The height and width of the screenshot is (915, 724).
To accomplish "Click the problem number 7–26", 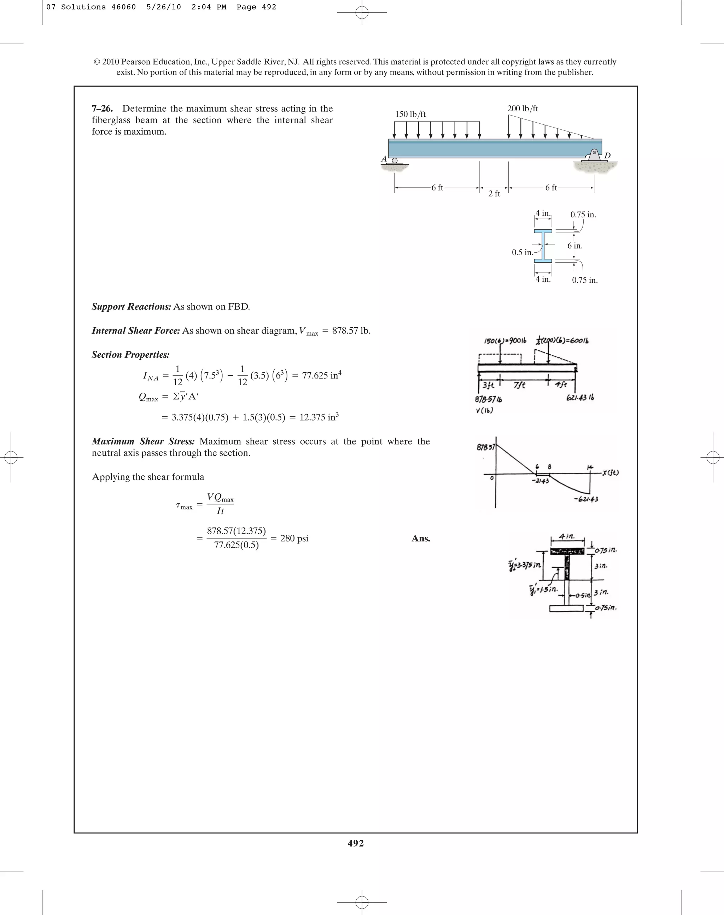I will [x=102, y=108].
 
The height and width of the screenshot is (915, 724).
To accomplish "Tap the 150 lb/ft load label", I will [x=410, y=114].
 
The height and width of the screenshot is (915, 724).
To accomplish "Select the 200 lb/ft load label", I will [x=522, y=108].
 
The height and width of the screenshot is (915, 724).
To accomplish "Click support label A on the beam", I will [x=384, y=159].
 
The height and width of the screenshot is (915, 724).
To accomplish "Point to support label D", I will [x=607, y=156].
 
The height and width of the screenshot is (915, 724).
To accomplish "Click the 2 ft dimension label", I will [x=494, y=194].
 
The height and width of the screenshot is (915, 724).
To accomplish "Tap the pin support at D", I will [x=594, y=155].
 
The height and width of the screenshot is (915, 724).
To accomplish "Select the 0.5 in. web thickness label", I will [x=522, y=253].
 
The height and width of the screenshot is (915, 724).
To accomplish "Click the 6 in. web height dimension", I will [x=575, y=246].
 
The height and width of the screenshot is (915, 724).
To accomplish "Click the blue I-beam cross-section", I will [x=543, y=246].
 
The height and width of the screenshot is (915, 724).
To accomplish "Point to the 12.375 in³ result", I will [x=319, y=417].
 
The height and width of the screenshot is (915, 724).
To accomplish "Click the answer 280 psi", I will [x=294, y=538].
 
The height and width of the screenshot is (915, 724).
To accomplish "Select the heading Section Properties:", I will [x=130, y=355].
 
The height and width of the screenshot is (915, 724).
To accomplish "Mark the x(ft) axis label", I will [x=609, y=473].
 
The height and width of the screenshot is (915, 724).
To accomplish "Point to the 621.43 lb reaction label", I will [x=580, y=398].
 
